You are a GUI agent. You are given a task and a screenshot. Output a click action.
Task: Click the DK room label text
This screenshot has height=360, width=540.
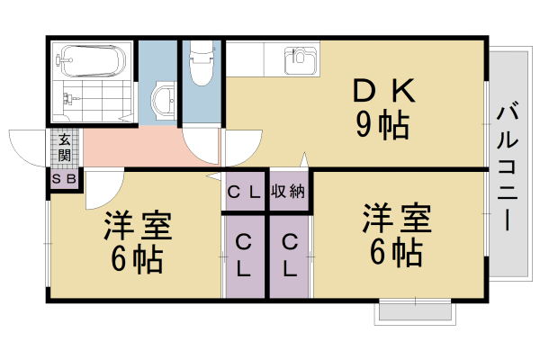382,92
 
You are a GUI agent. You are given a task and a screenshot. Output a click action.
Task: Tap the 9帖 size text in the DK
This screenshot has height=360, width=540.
382,126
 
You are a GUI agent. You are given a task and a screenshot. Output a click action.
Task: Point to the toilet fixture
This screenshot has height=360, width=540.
200,63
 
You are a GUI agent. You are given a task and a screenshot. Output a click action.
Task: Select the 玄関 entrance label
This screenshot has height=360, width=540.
65,148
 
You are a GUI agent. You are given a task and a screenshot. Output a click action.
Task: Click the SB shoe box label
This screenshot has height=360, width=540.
65,179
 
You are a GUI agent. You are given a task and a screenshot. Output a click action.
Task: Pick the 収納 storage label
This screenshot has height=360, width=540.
289,191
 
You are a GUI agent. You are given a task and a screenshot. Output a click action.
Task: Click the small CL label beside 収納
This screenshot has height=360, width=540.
244,191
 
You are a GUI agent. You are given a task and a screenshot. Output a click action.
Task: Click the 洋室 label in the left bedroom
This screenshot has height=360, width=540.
138,226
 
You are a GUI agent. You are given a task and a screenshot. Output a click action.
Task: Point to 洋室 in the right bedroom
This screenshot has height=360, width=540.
397,219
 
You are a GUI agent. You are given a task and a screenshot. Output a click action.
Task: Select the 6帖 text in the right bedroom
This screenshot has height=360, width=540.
396,252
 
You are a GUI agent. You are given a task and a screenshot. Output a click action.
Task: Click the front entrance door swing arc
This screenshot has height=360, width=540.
27,146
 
